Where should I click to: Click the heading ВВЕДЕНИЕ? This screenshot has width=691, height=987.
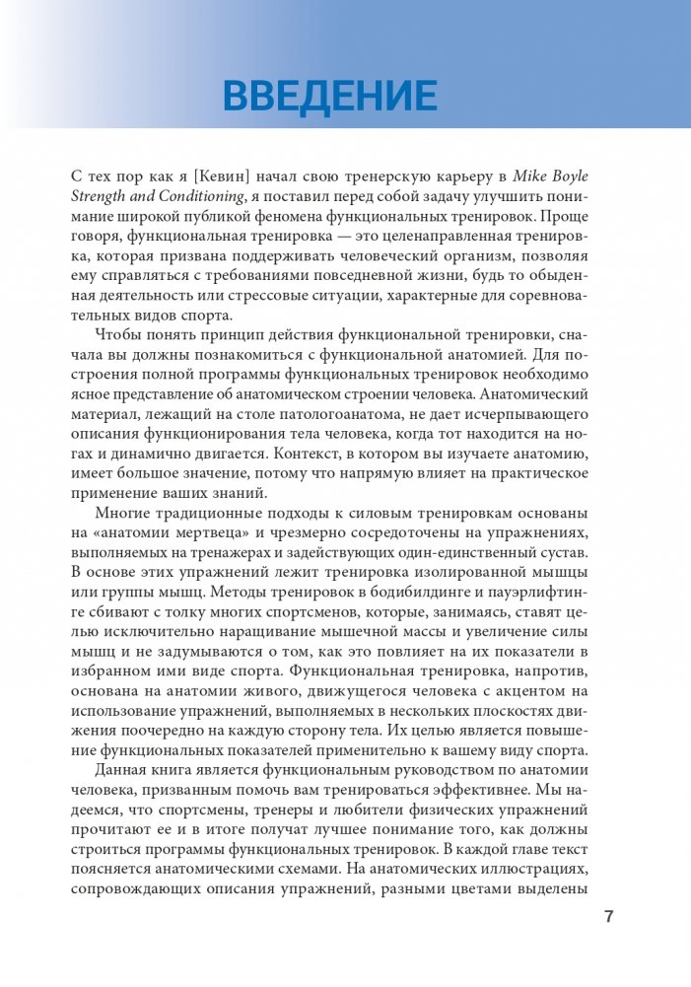(330, 96)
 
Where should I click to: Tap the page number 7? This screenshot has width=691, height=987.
(608, 917)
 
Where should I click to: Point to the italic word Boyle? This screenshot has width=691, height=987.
(589, 176)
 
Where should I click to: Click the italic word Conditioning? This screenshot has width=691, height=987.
(209, 198)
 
